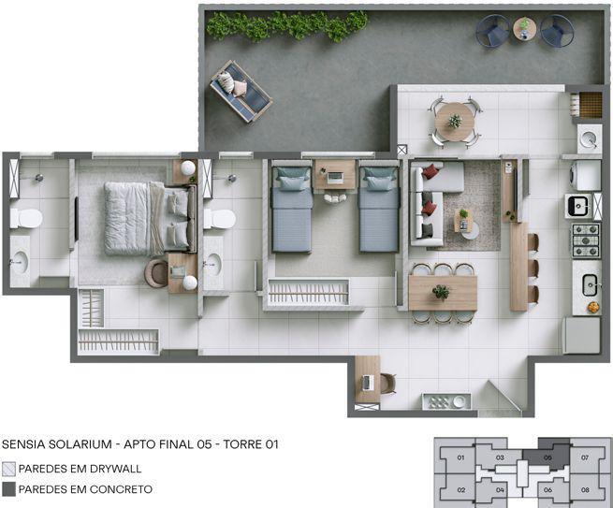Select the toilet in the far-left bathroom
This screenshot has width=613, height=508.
click(x=25, y=218)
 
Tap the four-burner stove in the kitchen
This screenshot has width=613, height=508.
click(x=585, y=240)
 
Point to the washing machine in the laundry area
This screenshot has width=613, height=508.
click(x=585, y=176)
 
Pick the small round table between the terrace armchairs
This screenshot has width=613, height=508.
click(x=524, y=30)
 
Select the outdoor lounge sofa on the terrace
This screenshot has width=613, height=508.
click(x=241, y=91)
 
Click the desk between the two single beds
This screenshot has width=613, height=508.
click(x=333, y=175)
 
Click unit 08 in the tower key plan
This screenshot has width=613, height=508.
click(x=586, y=489)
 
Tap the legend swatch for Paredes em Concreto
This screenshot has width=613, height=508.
click(x=9, y=489)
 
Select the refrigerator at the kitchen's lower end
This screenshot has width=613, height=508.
click(x=581, y=335)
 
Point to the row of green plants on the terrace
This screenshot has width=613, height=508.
click(x=285, y=25)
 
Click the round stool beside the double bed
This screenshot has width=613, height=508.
click(x=156, y=272)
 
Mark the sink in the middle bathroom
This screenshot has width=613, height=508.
click(x=212, y=264)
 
